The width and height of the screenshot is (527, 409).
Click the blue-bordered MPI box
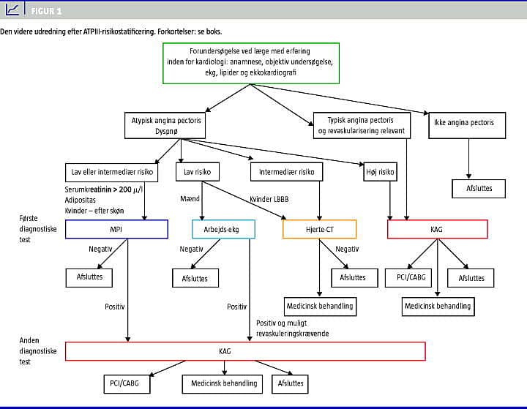tap(116, 230)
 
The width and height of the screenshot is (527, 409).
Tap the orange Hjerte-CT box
tap(319, 230)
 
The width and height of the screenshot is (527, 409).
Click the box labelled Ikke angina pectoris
tap(468, 123)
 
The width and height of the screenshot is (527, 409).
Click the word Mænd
tap(190, 198)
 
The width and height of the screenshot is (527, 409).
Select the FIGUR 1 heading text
tap(46, 12)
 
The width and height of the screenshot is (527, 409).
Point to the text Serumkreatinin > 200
tap(102, 190)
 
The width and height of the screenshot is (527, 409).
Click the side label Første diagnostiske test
tap(34, 228)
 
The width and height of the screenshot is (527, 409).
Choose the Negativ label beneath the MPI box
tap(100, 249)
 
